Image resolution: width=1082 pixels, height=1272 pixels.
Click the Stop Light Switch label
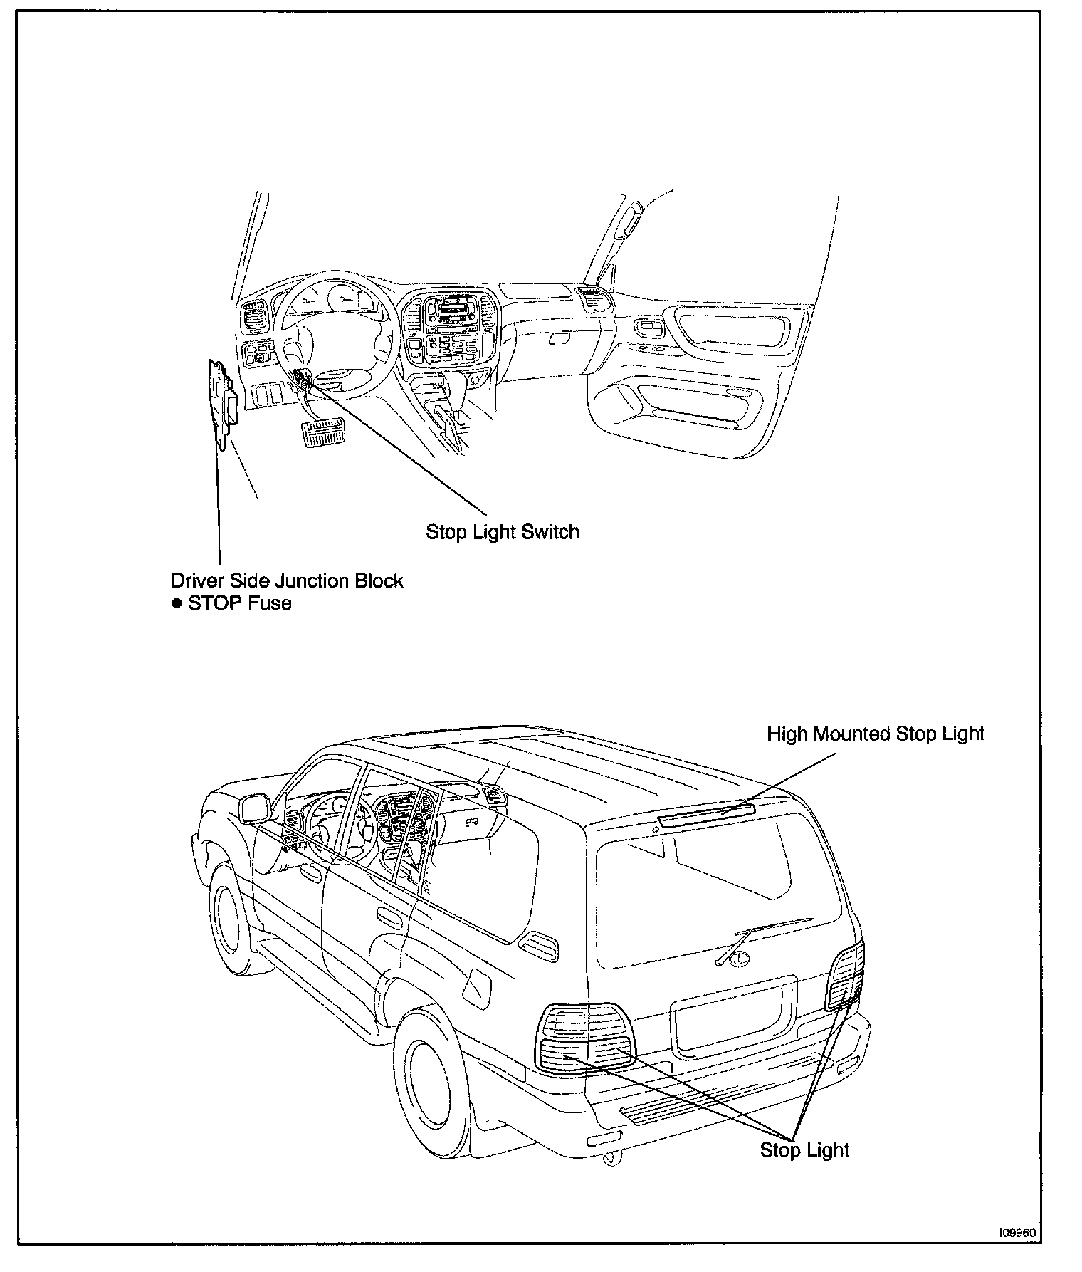click(x=502, y=532)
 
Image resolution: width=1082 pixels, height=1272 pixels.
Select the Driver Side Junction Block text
click(x=286, y=580)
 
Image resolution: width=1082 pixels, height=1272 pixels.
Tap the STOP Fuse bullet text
click(x=239, y=603)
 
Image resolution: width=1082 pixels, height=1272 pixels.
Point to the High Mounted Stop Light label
click(x=875, y=734)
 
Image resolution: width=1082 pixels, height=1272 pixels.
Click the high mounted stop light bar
click(x=706, y=815)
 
